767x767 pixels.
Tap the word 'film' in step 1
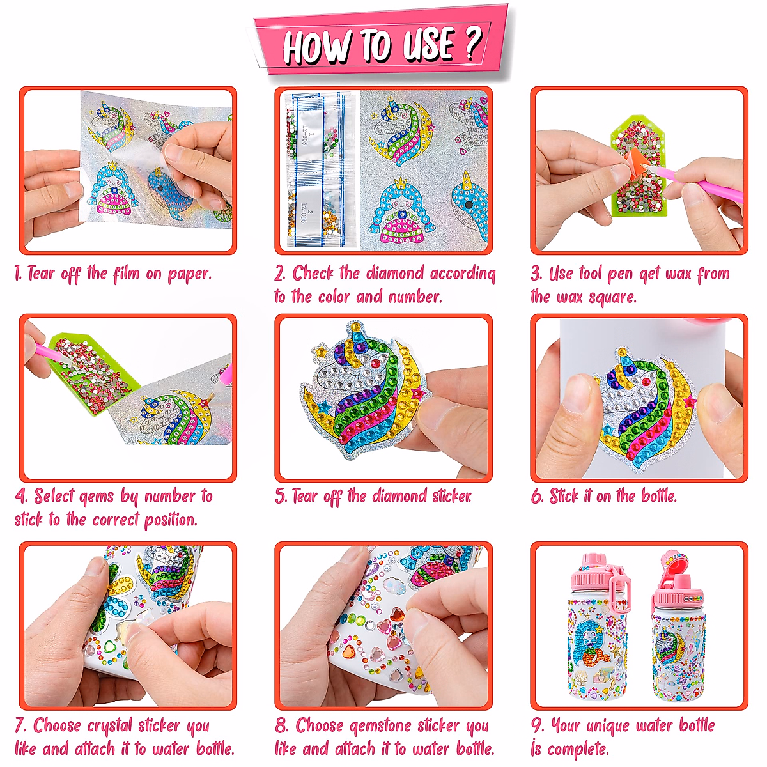(126, 274)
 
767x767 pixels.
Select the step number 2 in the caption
(280, 274)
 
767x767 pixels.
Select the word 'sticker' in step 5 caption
(451, 496)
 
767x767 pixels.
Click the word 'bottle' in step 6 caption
(658, 496)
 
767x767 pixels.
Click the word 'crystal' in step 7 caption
(111, 726)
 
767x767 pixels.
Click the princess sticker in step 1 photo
(117, 192)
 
